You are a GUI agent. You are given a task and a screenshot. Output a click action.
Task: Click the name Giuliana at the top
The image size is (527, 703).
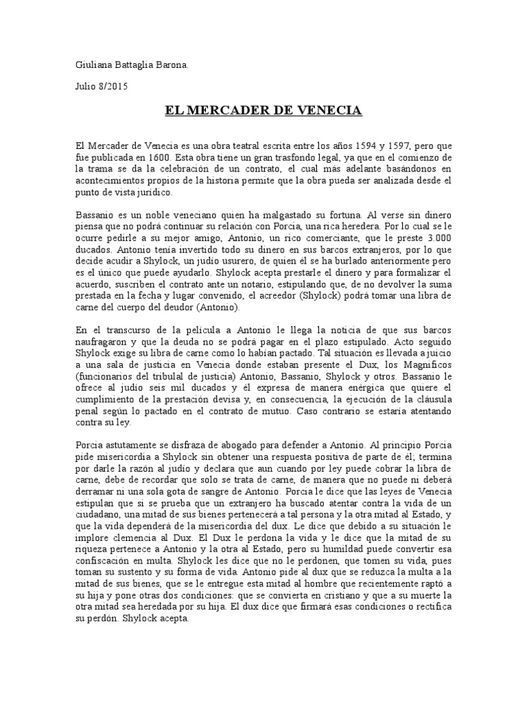pyautogui.click(x=92, y=65)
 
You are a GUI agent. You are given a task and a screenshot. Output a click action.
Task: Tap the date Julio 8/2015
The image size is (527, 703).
pyautogui.click(x=100, y=87)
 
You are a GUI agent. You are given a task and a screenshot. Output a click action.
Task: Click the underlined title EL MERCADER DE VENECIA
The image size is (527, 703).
pyautogui.click(x=263, y=110)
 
